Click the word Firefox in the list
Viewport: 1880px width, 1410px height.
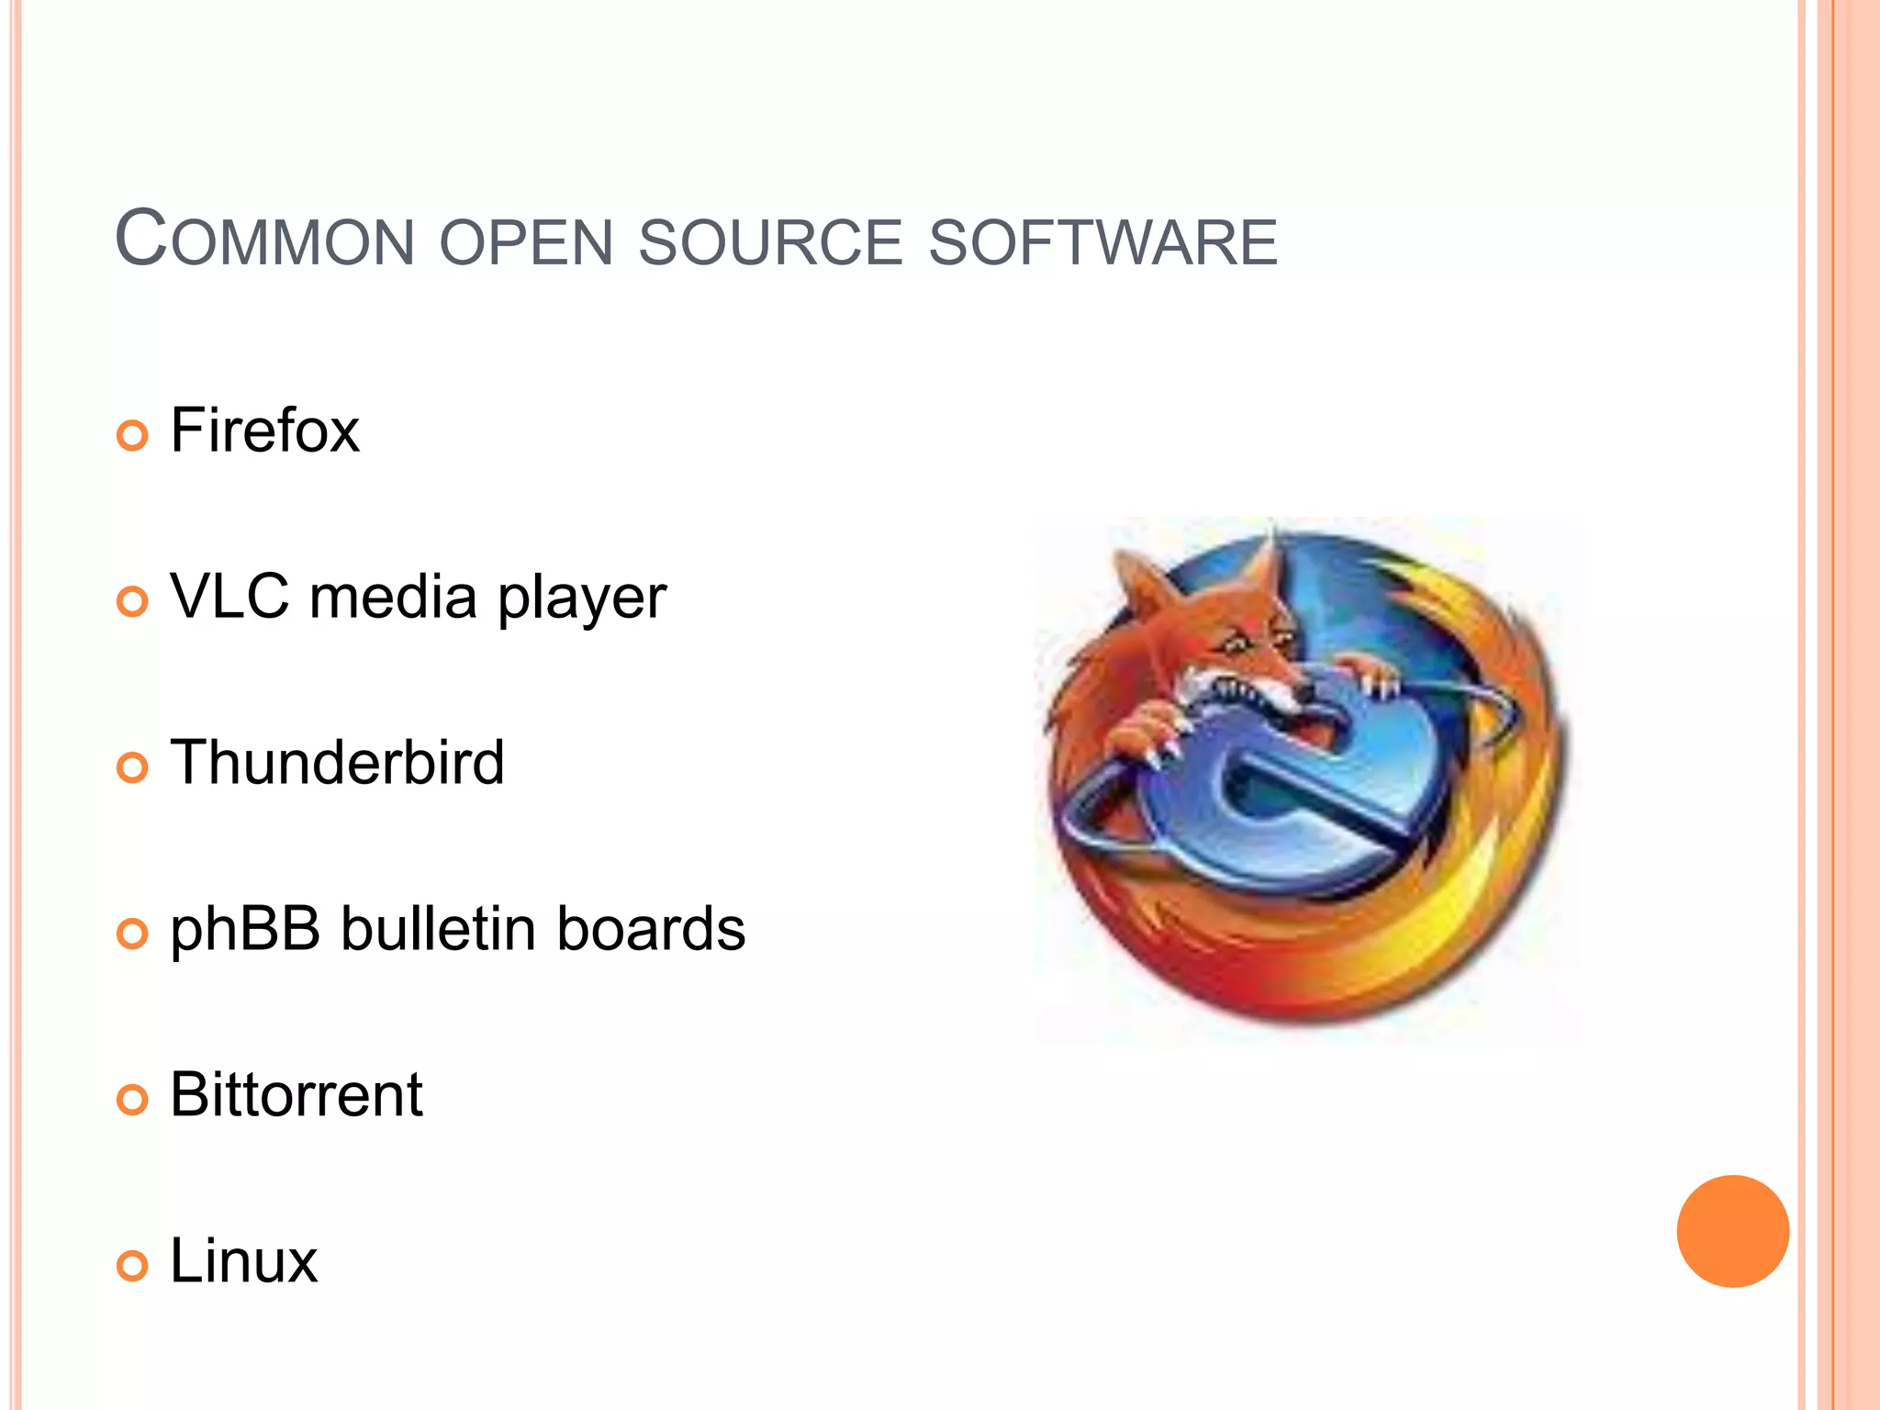264,431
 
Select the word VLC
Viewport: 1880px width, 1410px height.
229,597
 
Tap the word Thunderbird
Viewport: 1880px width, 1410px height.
337,763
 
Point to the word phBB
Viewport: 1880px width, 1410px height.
245,930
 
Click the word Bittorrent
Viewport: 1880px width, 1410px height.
296,1095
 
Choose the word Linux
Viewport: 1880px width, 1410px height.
243,1261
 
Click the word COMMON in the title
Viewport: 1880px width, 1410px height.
264,241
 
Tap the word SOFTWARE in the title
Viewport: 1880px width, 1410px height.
1102,243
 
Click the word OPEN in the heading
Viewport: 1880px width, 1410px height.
526,243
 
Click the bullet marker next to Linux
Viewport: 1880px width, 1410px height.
132,1266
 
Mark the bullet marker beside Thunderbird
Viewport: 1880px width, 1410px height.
132,767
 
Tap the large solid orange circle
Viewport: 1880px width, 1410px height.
1732,1231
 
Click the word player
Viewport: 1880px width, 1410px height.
582,599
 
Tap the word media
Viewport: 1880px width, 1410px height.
393,597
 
